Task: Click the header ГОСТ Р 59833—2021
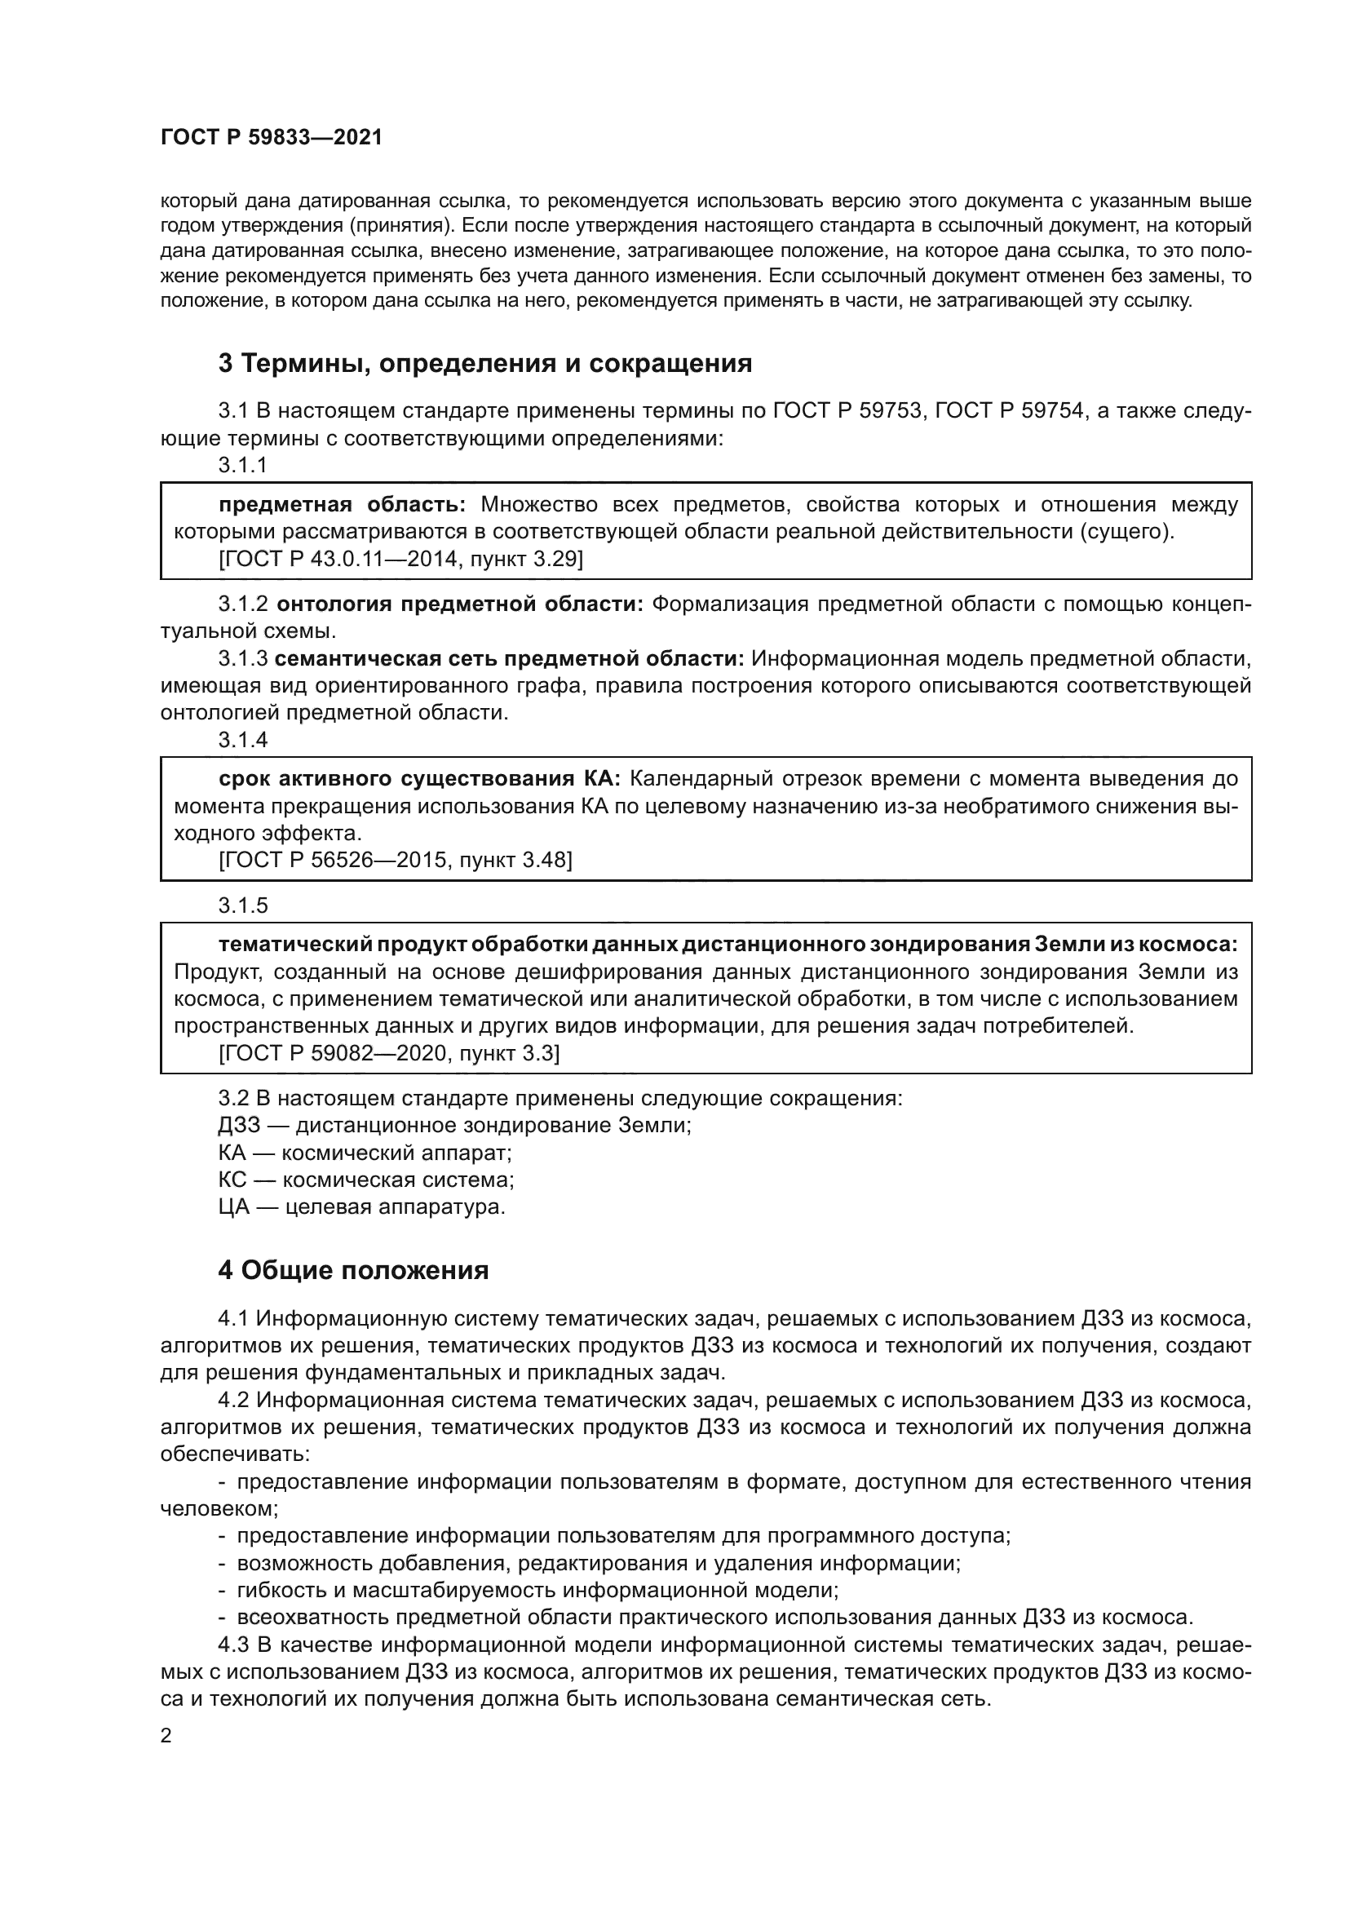[x=272, y=138]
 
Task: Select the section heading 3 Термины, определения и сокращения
[x=485, y=363]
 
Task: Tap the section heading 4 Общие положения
[x=353, y=1270]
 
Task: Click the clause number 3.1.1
[x=242, y=465]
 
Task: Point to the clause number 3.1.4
[x=242, y=740]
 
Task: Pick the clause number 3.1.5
[x=242, y=905]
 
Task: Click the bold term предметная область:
[x=343, y=504]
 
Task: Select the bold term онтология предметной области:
[x=459, y=604]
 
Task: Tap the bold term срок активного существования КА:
[x=419, y=779]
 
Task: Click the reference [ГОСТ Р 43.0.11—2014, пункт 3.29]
[x=400, y=560]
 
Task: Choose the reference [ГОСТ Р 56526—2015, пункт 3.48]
[x=396, y=860]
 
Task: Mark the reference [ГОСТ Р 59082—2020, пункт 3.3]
[x=389, y=1054]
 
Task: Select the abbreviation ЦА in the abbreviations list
[x=233, y=1206]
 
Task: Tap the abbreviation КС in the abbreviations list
[x=233, y=1180]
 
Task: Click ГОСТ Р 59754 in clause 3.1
[x=1011, y=411]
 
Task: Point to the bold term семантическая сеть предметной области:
[x=509, y=659]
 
